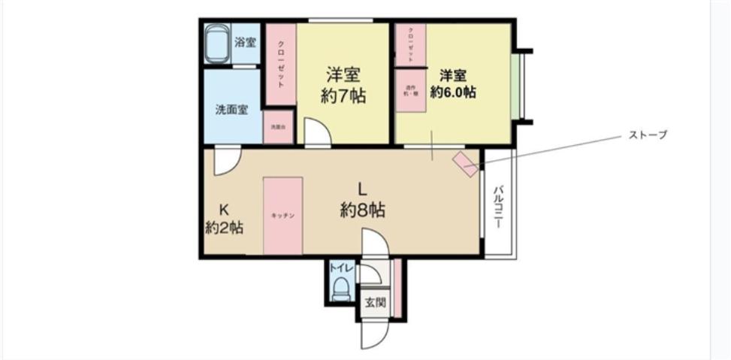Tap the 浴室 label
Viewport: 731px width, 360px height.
pos(245,43)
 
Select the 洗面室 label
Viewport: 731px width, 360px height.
pos(231,110)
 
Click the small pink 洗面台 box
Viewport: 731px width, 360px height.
pos(277,127)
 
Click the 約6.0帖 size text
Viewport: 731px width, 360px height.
pos(452,92)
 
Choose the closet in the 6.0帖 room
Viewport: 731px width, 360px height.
pos(411,44)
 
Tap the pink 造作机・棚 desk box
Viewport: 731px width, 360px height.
pos(411,89)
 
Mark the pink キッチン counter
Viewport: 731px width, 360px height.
pos(282,216)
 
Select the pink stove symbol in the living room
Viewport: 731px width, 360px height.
pos(466,163)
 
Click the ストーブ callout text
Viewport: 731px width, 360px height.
pos(647,135)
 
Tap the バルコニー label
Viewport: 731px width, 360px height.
pos(497,205)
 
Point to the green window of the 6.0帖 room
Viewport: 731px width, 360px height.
pos(516,86)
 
